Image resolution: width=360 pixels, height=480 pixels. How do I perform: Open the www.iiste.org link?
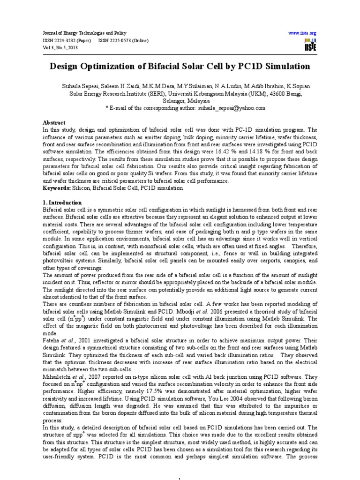303,33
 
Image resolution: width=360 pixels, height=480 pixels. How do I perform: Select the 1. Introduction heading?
62,202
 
